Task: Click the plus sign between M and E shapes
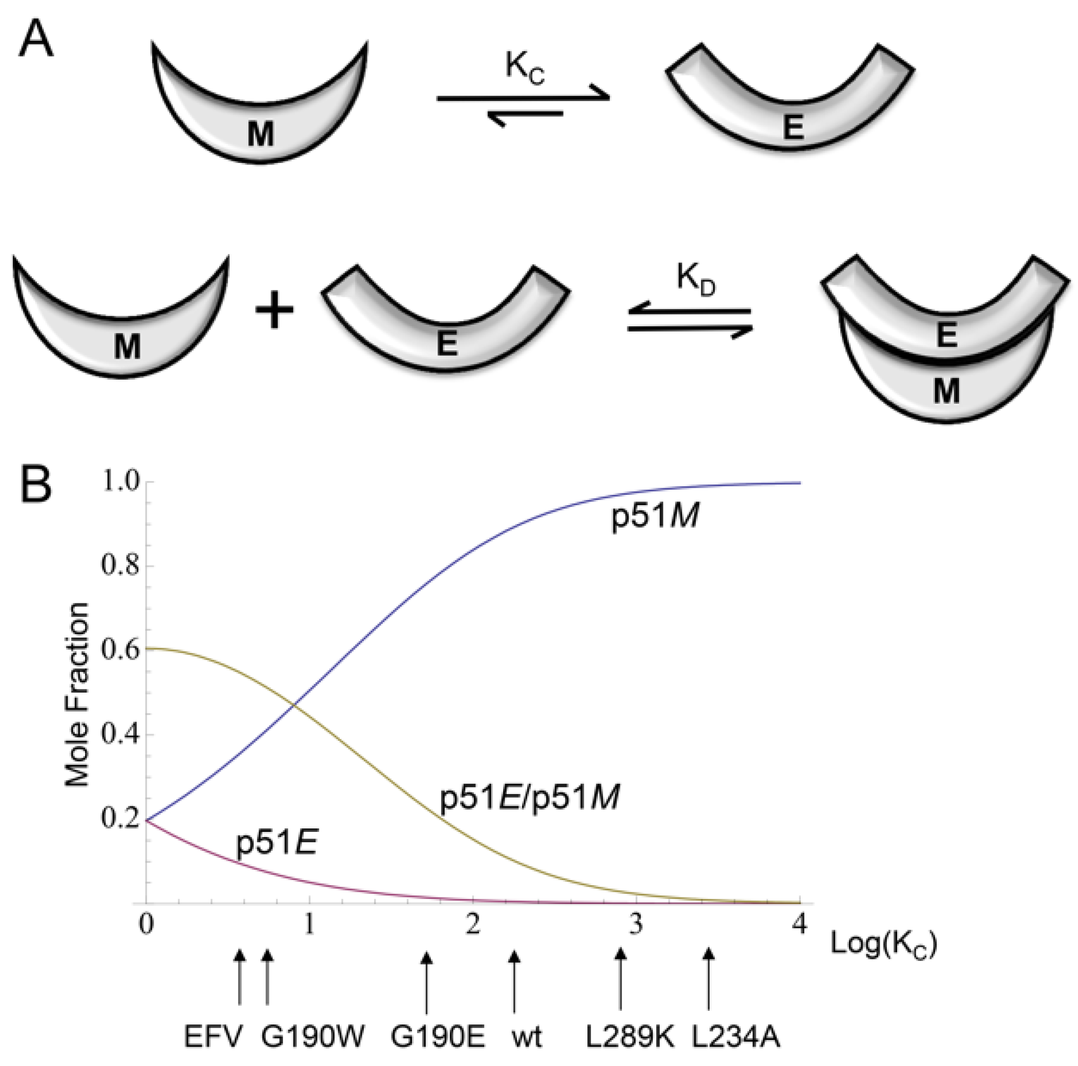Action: [274, 311]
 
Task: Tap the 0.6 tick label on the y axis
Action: [119, 651]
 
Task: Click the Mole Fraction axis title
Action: [77, 695]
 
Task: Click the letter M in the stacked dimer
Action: [946, 391]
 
